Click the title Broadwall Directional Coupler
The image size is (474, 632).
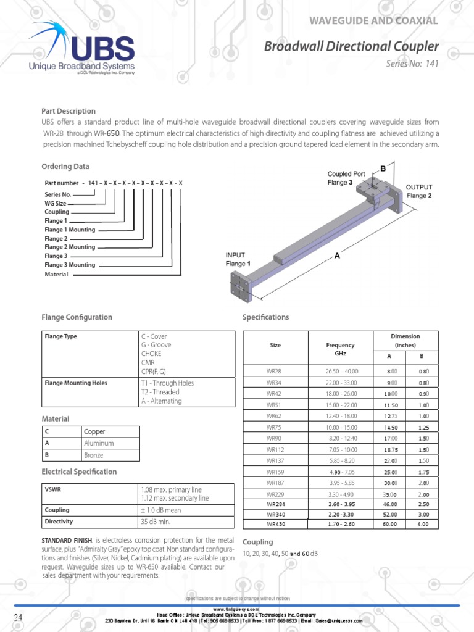(x=352, y=46)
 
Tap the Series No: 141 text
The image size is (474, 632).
(x=412, y=64)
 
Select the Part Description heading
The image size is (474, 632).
(x=69, y=111)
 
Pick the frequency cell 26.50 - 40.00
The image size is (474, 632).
(x=341, y=371)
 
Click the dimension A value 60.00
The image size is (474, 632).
(x=390, y=524)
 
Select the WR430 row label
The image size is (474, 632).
(x=275, y=524)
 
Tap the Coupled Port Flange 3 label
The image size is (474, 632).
(x=349, y=178)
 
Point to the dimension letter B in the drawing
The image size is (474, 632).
(x=383, y=168)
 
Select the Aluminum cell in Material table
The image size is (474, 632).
(x=99, y=443)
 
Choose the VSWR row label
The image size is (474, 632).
(x=53, y=489)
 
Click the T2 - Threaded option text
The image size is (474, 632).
(x=160, y=392)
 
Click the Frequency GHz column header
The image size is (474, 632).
(x=344, y=349)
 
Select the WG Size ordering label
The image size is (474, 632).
(x=55, y=203)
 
